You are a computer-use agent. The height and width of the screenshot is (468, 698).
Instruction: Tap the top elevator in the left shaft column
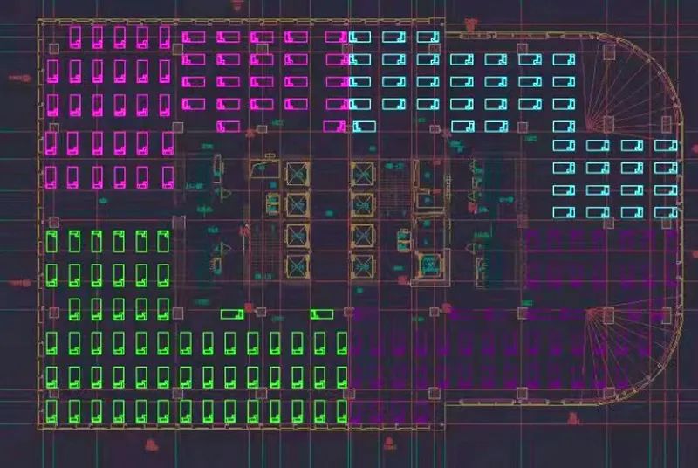coord(297,173)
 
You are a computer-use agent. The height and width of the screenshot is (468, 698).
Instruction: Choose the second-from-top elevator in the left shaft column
coord(297,204)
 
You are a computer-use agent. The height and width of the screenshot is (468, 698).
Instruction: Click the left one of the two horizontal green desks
coord(232,314)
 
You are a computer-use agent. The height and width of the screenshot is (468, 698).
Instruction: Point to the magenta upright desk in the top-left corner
coord(75,36)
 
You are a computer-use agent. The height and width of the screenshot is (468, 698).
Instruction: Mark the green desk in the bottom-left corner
coord(52,410)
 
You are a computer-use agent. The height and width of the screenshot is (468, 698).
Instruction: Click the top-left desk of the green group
coord(52,241)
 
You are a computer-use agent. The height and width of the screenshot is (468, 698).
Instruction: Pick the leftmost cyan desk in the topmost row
coord(360,37)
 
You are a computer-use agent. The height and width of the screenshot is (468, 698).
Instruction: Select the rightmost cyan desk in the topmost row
coord(428,37)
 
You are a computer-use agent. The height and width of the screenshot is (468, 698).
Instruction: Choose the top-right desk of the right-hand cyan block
coord(666,145)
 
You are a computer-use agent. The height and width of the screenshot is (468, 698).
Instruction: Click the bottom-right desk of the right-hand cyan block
coord(666,212)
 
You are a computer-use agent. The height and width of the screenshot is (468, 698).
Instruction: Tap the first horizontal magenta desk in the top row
coord(194,37)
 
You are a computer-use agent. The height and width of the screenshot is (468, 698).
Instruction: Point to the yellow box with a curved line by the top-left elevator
coord(264,168)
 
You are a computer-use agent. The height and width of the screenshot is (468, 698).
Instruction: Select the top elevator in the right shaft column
coord(363,173)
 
